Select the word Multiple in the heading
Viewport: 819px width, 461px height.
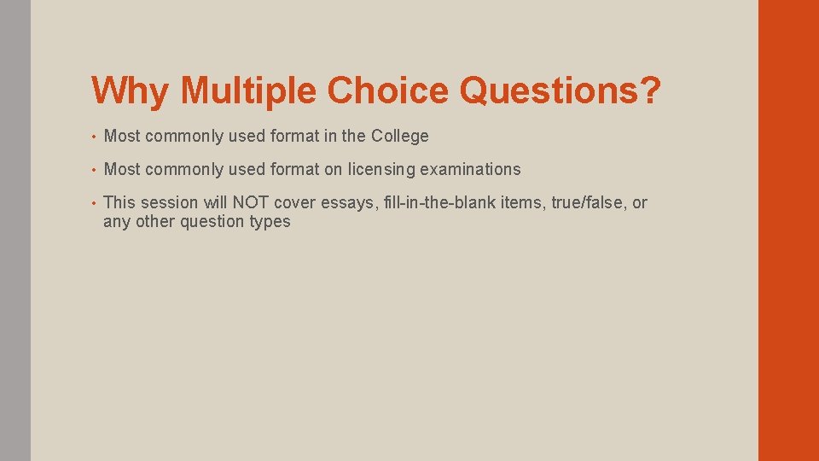click(x=247, y=90)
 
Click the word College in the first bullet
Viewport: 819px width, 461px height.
click(x=400, y=137)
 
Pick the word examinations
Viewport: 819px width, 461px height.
click(x=470, y=170)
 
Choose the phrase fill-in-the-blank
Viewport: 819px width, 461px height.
click(x=435, y=203)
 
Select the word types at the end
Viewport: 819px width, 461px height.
click(x=270, y=222)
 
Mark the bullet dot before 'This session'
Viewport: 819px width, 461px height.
click(x=96, y=203)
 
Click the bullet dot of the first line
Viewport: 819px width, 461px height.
click(x=96, y=137)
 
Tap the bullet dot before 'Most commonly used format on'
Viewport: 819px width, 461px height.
click(x=96, y=170)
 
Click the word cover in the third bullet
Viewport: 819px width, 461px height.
click(x=293, y=203)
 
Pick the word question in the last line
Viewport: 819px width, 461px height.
click(x=212, y=222)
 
